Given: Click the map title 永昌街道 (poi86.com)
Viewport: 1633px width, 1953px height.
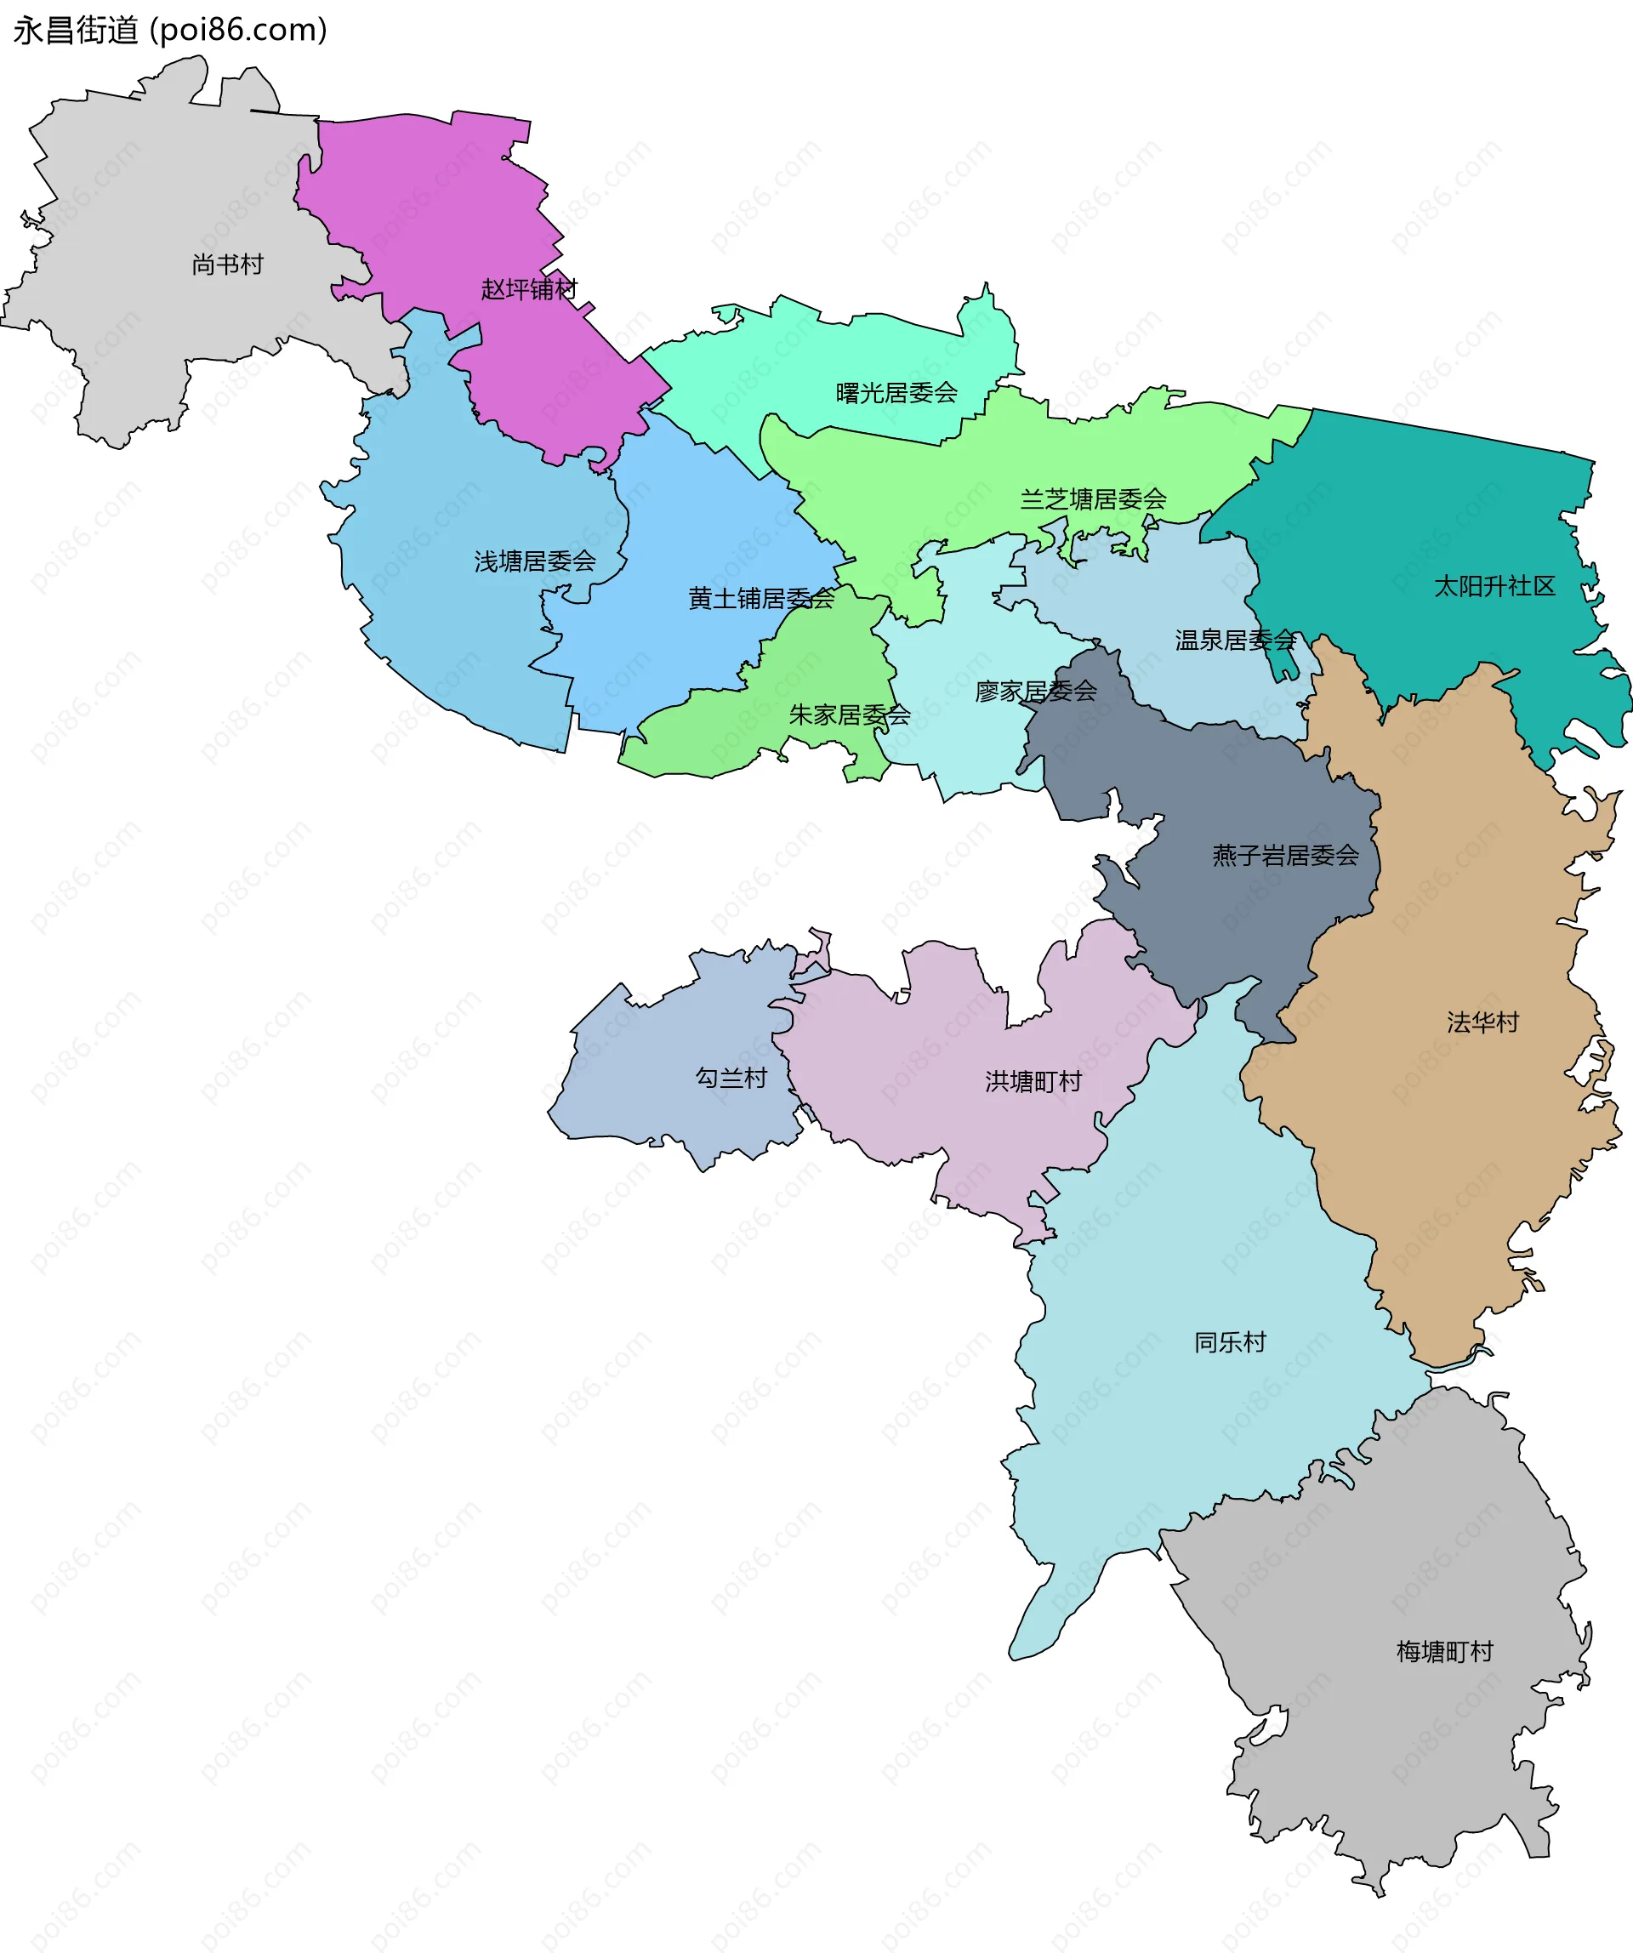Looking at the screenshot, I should (x=170, y=30).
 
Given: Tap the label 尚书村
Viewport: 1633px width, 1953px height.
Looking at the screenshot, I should (x=228, y=265).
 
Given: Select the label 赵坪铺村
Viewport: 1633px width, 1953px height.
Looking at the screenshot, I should (x=529, y=289).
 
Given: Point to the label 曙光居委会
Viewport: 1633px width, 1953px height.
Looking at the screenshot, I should (x=896, y=393).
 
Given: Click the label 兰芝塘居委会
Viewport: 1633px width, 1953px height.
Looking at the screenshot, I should (x=1093, y=499).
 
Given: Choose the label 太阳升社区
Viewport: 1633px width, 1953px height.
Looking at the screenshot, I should (x=1494, y=586).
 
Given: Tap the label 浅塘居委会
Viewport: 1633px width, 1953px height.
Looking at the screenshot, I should (x=535, y=561).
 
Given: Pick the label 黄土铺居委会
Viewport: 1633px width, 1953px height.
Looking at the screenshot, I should (x=760, y=599).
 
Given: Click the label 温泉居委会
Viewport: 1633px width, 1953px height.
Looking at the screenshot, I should (x=1235, y=640).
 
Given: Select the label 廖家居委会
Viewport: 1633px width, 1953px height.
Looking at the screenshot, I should (x=1036, y=691).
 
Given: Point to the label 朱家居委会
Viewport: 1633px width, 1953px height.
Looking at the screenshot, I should (x=849, y=715).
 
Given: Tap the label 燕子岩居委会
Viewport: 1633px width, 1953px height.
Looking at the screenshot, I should (x=1285, y=856).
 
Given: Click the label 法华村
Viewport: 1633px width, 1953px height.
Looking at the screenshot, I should (x=1482, y=1023).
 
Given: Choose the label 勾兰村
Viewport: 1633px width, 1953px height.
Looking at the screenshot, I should (x=731, y=1078).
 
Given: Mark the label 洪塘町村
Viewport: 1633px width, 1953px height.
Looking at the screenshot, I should (x=1033, y=1082).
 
